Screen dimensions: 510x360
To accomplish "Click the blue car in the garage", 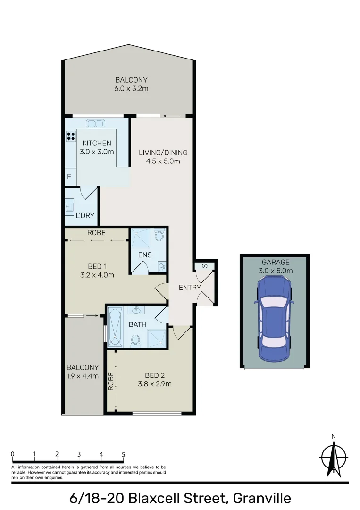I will click(x=274, y=319).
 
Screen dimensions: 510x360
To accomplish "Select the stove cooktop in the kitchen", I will click(x=71, y=136).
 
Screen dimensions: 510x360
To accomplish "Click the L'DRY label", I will click(x=85, y=216).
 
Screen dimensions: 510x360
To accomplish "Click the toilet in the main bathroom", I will click(x=136, y=340).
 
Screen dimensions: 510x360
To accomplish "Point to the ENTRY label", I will click(x=190, y=288).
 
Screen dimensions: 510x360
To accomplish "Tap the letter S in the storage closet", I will click(x=204, y=266).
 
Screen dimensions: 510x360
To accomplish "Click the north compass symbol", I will click(x=334, y=457).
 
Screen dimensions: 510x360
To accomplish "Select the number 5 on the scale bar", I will click(x=124, y=454).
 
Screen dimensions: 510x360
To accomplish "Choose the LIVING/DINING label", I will click(x=163, y=153).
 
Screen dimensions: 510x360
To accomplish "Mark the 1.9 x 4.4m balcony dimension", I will click(x=83, y=376).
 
